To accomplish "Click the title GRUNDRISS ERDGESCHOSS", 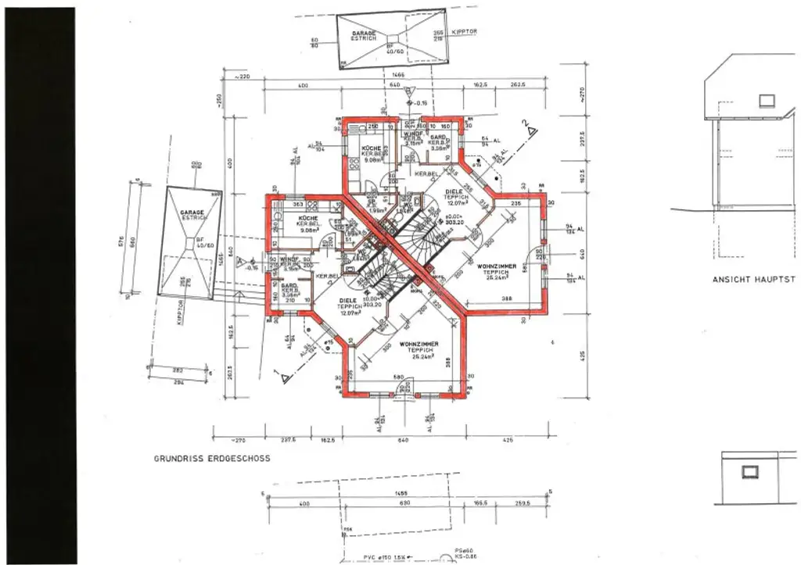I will point(212,459).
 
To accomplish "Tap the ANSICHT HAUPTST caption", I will point(753,279).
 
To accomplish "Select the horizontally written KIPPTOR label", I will point(464,32).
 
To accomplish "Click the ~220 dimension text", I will point(238,77).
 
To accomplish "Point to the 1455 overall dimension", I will point(401,494).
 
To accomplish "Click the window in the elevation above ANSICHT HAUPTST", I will point(766,100).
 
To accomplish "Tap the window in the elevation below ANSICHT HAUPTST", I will point(750,471).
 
